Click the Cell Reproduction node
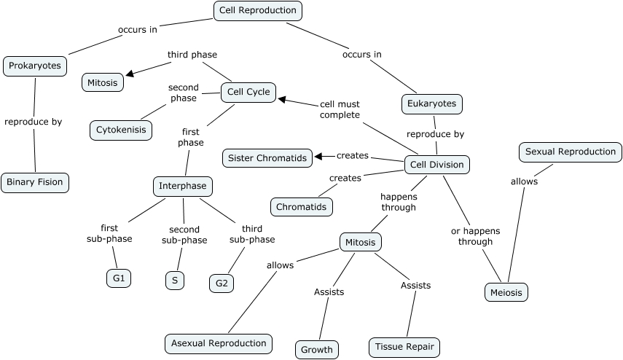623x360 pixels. point(258,10)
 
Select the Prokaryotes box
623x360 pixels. point(35,66)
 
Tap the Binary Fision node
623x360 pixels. point(35,182)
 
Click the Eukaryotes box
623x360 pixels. point(432,103)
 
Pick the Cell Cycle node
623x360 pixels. point(248,92)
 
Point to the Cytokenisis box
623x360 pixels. point(121,130)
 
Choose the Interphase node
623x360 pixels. point(182,186)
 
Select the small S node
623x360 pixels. point(174,280)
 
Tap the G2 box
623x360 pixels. point(221,283)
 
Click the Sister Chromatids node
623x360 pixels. point(267,157)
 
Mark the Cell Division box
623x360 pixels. point(437,165)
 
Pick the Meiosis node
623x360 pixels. point(506,292)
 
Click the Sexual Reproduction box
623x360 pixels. point(571,152)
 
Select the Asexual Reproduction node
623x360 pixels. point(218,343)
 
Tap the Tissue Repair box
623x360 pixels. point(405,347)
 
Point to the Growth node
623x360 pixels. point(317,349)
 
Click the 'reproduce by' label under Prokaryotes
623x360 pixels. point(34,122)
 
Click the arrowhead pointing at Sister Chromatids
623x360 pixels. point(319,155)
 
